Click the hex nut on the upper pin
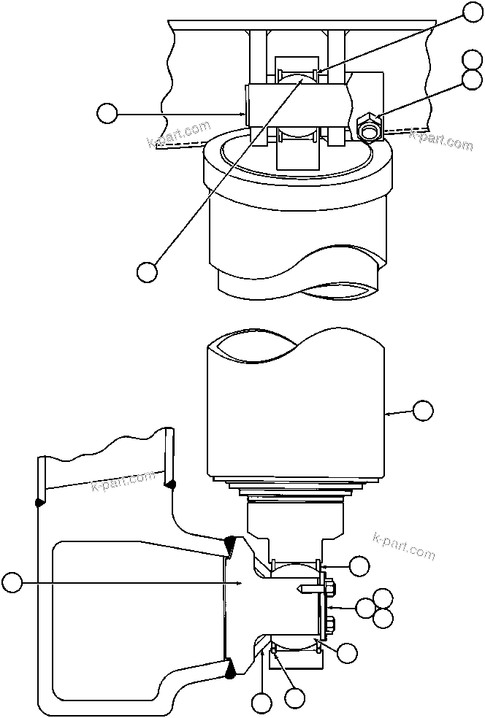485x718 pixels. [370, 128]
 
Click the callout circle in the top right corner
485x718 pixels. [474, 10]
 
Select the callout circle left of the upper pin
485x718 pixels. [107, 113]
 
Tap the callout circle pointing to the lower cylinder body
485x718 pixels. [423, 410]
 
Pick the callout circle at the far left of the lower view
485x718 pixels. [12, 582]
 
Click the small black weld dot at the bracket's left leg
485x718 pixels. [37, 501]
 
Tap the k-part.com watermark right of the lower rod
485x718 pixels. [403, 544]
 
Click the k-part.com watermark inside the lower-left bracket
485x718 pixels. [123, 482]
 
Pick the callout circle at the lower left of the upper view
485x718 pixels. [147, 271]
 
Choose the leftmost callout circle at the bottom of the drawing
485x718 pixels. [261, 703]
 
